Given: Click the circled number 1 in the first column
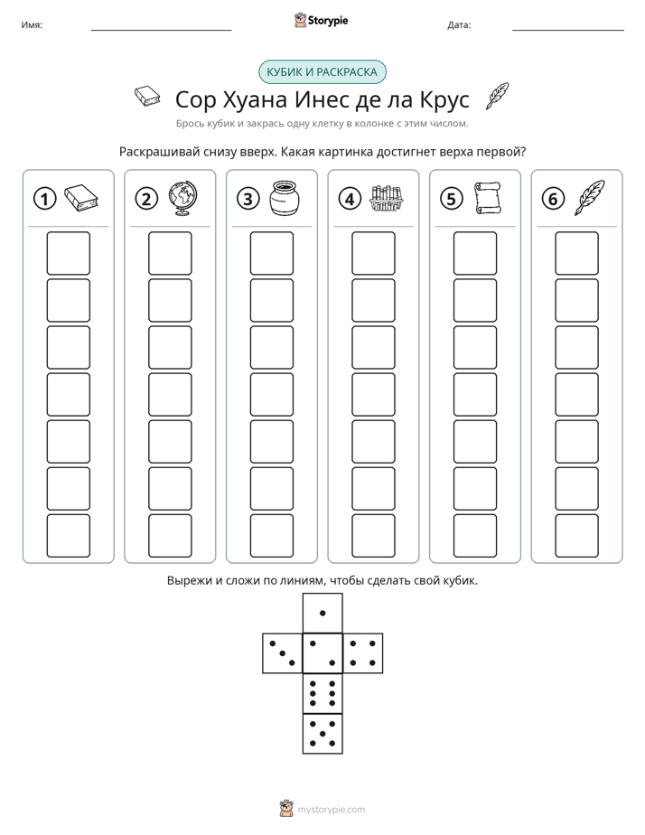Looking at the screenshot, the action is pyautogui.click(x=44, y=199).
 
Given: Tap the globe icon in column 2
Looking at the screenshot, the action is pyautogui.click(x=183, y=198).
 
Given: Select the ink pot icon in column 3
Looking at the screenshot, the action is pyautogui.click(x=285, y=198).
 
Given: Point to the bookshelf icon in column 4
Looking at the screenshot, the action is pyautogui.click(x=387, y=198).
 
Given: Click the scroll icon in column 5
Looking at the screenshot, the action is pyautogui.click(x=488, y=198).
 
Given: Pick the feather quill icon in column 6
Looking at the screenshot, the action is pyautogui.click(x=590, y=198).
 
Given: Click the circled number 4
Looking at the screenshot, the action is pyautogui.click(x=350, y=199).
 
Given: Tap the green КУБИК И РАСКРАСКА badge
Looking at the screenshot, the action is pyautogui.click(x=322, y=72).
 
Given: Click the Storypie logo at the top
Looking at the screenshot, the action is pyautogui.click(x=321, y=21).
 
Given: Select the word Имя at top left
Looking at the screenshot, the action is pyautogui.click(x=32, y=25).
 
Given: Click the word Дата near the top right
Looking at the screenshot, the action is pyautogui.click(x=459, y=25).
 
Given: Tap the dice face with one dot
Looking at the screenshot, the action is pyautogui.click(x=322, y=613).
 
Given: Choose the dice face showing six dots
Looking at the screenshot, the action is pyautogui.click(x=322, y=694).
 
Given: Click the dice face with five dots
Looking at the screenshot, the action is pyautogui.click(x=322, y=734).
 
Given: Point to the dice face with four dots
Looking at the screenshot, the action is pyautogui.click(x=363, y=653).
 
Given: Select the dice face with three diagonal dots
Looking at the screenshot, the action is pyautogui.click(x=283, y=653).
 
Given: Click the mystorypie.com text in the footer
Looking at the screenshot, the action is pyautogui.click(x=331, y=810).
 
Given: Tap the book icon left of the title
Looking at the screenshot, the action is pyautogui.click(x=147, y=97).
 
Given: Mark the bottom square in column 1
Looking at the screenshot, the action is pyautogui.click(x=68, y=536).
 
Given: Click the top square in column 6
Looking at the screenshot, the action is pyautogui.click(x=577, y=253).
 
